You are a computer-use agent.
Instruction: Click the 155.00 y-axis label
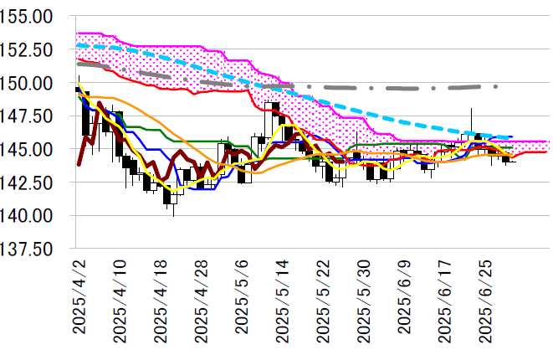[30, 17]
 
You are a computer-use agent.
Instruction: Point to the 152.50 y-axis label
[30, 50]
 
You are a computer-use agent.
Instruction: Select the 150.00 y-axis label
[30, 84]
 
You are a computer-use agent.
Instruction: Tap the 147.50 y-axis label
[30, 116]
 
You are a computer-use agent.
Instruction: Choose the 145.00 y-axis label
[30, 150]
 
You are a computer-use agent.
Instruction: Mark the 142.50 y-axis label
[30, 183]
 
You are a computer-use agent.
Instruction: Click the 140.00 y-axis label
[30, 216]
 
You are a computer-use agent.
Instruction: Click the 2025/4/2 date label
[79, 298]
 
